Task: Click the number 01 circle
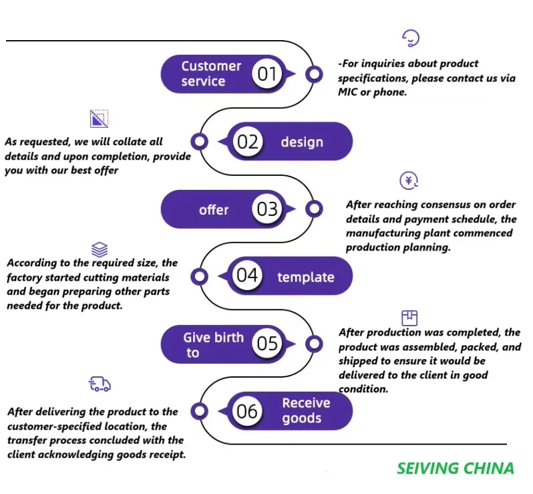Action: click(x=267, y=74)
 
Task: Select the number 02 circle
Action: click(x=247, y=142)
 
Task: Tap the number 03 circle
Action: click(x=267, y=209)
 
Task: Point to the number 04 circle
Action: click(x=247, y=276)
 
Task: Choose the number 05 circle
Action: click(x=267, y=344)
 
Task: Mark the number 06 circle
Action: click(x=247, y=410)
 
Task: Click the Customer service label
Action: click(x=211, y=74)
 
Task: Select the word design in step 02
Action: click(x=302, y=142)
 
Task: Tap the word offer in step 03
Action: click(x=214, y=210)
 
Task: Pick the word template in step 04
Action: click(x=306, y=277)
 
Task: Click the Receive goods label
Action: click(x=306, y=410)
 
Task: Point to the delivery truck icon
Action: click(x=100, y=384)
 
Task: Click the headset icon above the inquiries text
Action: click(x=411, y=38)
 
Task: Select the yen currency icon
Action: click(x=409, y=180)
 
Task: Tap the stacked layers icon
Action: click(x=100, y=250)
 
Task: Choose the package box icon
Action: click(x=409, y=318)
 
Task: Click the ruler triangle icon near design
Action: click(x=100, y=118)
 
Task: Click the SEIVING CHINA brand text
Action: click(x=456, y=468)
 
